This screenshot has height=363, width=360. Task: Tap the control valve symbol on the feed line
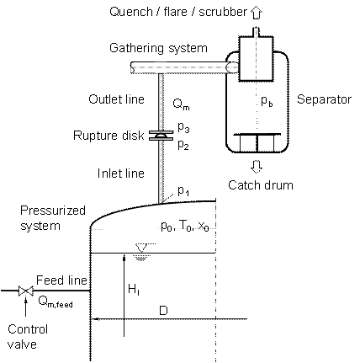[26, 291]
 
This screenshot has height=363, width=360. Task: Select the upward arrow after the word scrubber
[256, 13]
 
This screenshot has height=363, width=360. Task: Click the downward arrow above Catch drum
[257, 167]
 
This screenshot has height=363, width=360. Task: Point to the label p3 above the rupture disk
[183, 127]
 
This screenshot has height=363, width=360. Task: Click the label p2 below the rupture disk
[183, 145]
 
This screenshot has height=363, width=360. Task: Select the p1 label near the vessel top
[183, 190]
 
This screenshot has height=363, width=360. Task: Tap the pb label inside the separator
[267, 101]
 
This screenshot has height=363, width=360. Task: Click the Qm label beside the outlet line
[181, 104]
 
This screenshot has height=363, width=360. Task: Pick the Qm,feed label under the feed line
[56, 302]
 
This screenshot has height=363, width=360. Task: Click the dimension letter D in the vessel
[163, 311]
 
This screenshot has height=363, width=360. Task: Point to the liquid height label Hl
[134, 290]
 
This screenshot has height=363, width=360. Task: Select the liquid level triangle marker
[141, 248]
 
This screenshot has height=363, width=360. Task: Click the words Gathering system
[158, 48]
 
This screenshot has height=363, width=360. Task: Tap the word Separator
[324, 99]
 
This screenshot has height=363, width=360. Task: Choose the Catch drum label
[261, 185]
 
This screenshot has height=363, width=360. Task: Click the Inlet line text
[121, 173]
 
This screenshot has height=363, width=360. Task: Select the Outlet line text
[117, 99]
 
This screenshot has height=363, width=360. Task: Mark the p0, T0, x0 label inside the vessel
[185, 226]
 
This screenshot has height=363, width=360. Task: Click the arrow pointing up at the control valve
[26, 307]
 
